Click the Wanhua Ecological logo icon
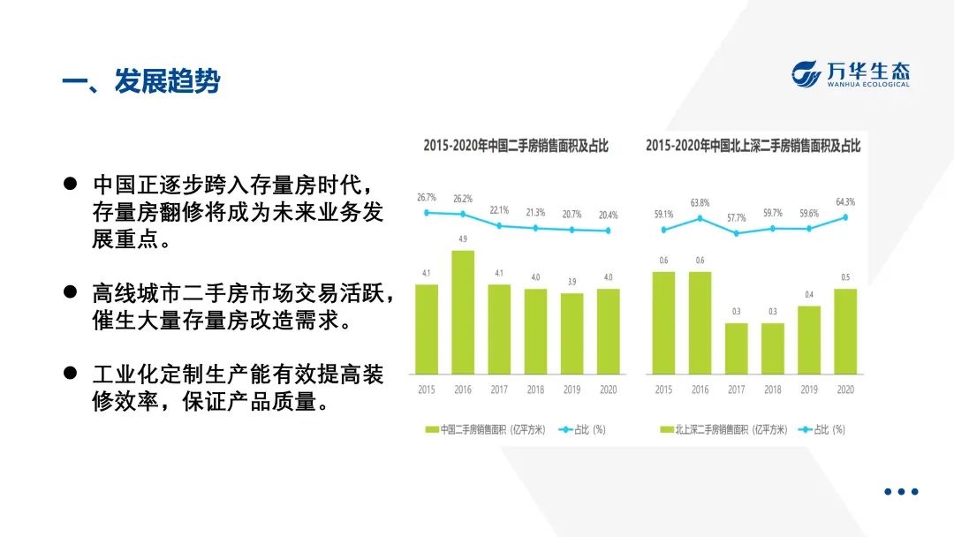(806, 74)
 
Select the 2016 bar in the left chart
(463, 312)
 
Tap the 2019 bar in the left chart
(572, 333)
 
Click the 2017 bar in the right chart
(737, 348)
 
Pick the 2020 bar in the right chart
(845, 330)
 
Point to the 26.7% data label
(427, 198)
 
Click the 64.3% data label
(845, 202)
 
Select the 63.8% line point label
(700, 202)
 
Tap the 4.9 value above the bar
(463, 239)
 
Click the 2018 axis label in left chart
(535, 390)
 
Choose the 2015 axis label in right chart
(663, 390)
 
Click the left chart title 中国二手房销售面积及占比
(516, 146)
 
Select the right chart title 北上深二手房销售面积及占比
(753, 146)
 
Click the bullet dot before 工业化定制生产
(70, 374)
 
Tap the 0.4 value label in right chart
(809, 294)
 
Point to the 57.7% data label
(737, 217)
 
